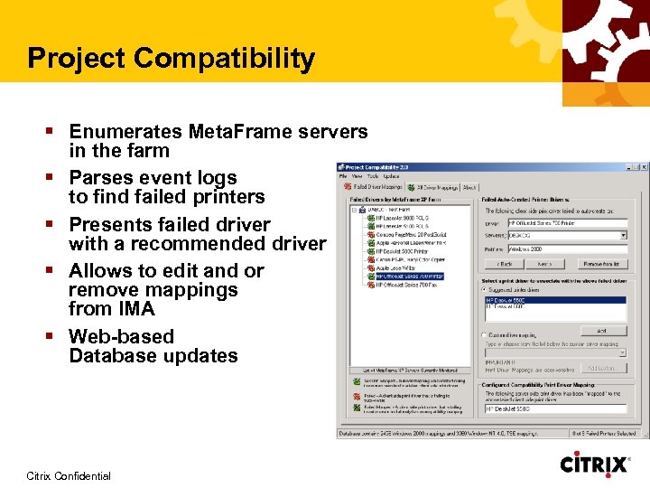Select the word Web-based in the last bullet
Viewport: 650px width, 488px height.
(x=121, y=336)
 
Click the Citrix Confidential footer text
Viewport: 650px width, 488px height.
(x=69, y=476)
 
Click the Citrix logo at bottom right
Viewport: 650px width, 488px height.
(x=595, y=465)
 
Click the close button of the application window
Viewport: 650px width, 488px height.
(x=644, y=167)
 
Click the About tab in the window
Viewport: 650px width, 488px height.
(x=469, y=187)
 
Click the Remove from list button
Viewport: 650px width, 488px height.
(x=602, y=264)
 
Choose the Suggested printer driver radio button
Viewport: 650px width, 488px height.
(x=484, y=289)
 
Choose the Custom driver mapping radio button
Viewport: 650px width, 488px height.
(x=484, y=334)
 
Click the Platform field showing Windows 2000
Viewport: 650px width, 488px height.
(x=567, y=249)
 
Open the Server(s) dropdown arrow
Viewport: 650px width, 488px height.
(x=623, y=235)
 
